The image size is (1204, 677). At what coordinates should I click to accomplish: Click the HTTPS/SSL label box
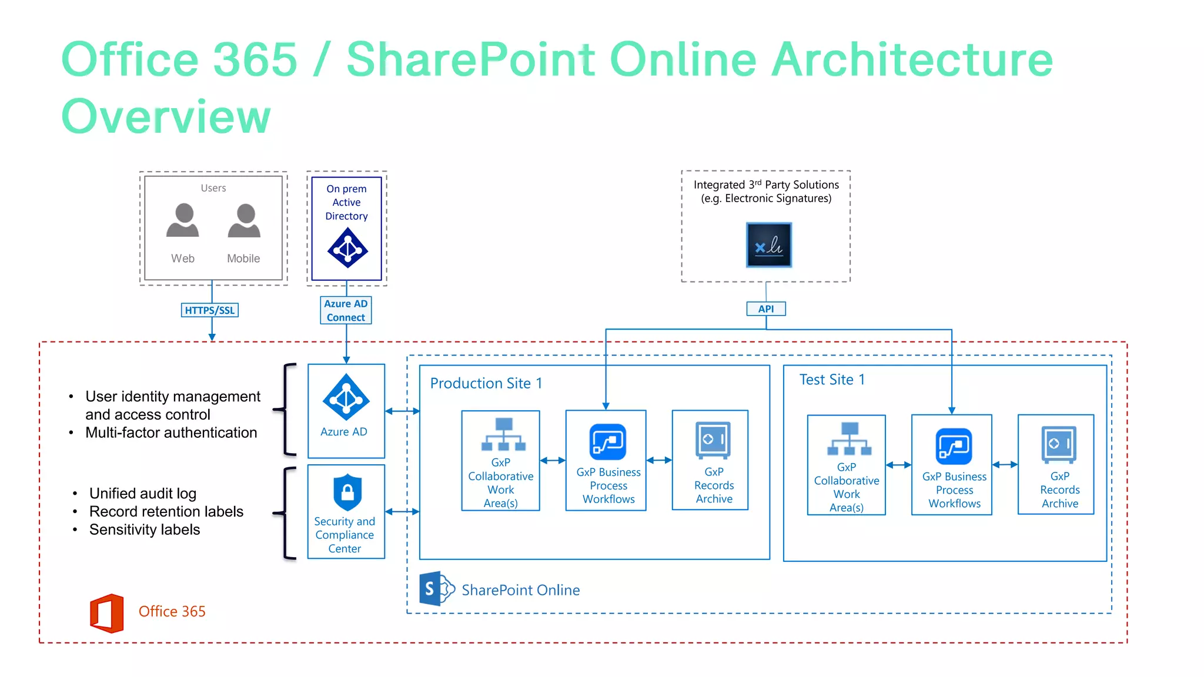coord(209,310)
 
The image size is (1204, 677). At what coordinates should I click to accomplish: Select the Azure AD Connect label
coord(346,310)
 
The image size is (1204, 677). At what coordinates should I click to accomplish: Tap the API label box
coord(765,309)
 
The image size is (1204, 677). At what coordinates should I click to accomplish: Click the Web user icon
coord(183,221)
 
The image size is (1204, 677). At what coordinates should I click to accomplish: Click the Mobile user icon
coord(244,221)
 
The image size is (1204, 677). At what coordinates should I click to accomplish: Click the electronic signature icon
coord(768,245)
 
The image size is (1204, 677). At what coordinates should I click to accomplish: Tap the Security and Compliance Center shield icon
coord(347,492)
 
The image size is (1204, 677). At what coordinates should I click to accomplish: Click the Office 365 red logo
coord(107,613)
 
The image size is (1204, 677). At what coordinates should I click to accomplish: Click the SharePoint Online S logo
coord(436,588)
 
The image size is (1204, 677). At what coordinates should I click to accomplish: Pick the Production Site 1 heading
coord(486,383)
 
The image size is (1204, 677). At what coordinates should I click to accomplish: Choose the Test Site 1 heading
coord(831,380)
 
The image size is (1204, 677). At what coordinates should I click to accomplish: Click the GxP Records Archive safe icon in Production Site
coord(713,440)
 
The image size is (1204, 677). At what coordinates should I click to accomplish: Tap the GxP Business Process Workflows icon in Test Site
coord(953,447)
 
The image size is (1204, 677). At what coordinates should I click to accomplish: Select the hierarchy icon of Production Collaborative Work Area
coord(503,434)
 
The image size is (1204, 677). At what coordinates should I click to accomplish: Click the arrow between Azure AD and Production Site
coord(402,411)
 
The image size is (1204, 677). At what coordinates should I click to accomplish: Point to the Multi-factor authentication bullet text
coord(171,433)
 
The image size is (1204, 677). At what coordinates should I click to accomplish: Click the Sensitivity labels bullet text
coord(145,529)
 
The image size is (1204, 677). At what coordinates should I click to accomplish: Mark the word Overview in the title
coord(166,116)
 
